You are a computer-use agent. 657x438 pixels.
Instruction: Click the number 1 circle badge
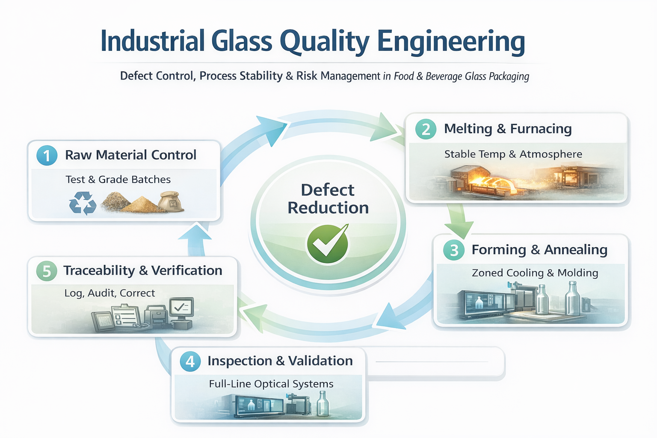(47, 155)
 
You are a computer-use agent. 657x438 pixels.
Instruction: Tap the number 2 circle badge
(426, 129)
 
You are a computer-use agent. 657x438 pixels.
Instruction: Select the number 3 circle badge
(454, 250)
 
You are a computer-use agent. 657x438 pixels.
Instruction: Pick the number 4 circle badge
(190, 361)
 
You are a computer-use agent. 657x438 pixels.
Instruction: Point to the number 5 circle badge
(47, 271)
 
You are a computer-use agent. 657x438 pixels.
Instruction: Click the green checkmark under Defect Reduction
(328, 243)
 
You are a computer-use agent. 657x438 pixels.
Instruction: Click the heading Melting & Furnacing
(508, 129)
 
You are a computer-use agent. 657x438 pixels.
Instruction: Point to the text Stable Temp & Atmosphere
(513, 154)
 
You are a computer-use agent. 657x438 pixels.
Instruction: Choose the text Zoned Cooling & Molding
(535, 273)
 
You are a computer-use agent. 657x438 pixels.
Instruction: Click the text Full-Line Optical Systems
(271, 384)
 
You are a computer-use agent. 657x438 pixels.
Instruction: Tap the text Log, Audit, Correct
(109, 293)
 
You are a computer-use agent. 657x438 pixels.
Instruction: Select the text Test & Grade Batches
(118, 180)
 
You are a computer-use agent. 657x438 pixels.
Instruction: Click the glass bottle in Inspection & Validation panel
(323, 404)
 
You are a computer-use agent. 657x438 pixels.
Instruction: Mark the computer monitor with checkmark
(181, 308)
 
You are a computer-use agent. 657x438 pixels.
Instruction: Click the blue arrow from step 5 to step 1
(195, 240)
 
